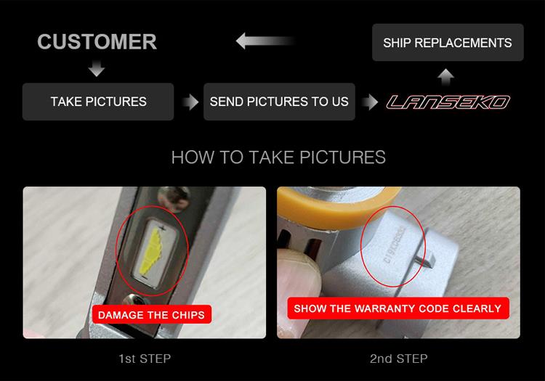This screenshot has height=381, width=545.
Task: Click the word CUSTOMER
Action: coord(97,41)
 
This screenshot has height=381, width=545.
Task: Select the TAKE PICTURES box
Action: coord(98,102)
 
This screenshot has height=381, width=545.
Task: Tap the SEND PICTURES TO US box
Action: coord(279,102)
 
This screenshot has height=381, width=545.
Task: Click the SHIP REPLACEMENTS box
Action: coord(448,42)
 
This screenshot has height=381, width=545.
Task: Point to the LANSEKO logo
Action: coord(448,102)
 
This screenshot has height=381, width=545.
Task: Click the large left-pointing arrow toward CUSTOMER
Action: coord(265,41)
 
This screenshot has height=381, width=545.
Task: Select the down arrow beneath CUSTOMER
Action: coord(97,68)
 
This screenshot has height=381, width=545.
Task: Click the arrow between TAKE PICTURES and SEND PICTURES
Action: coord(190,102)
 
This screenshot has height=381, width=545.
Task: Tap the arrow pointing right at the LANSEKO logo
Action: coord(369,102)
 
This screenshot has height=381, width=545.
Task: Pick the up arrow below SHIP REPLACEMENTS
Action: coord(445,77)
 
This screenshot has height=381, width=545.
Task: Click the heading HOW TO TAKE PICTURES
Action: coord(278,157)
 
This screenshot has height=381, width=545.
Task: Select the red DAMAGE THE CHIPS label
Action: coord(152,314)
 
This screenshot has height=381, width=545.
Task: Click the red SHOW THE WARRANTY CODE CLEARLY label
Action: coord(398,308)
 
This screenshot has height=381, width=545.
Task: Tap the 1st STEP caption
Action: coord(145,359)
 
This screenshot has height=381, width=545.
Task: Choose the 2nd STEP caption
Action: coord(399,359)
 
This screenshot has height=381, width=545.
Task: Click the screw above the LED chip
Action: coord(174,198)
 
